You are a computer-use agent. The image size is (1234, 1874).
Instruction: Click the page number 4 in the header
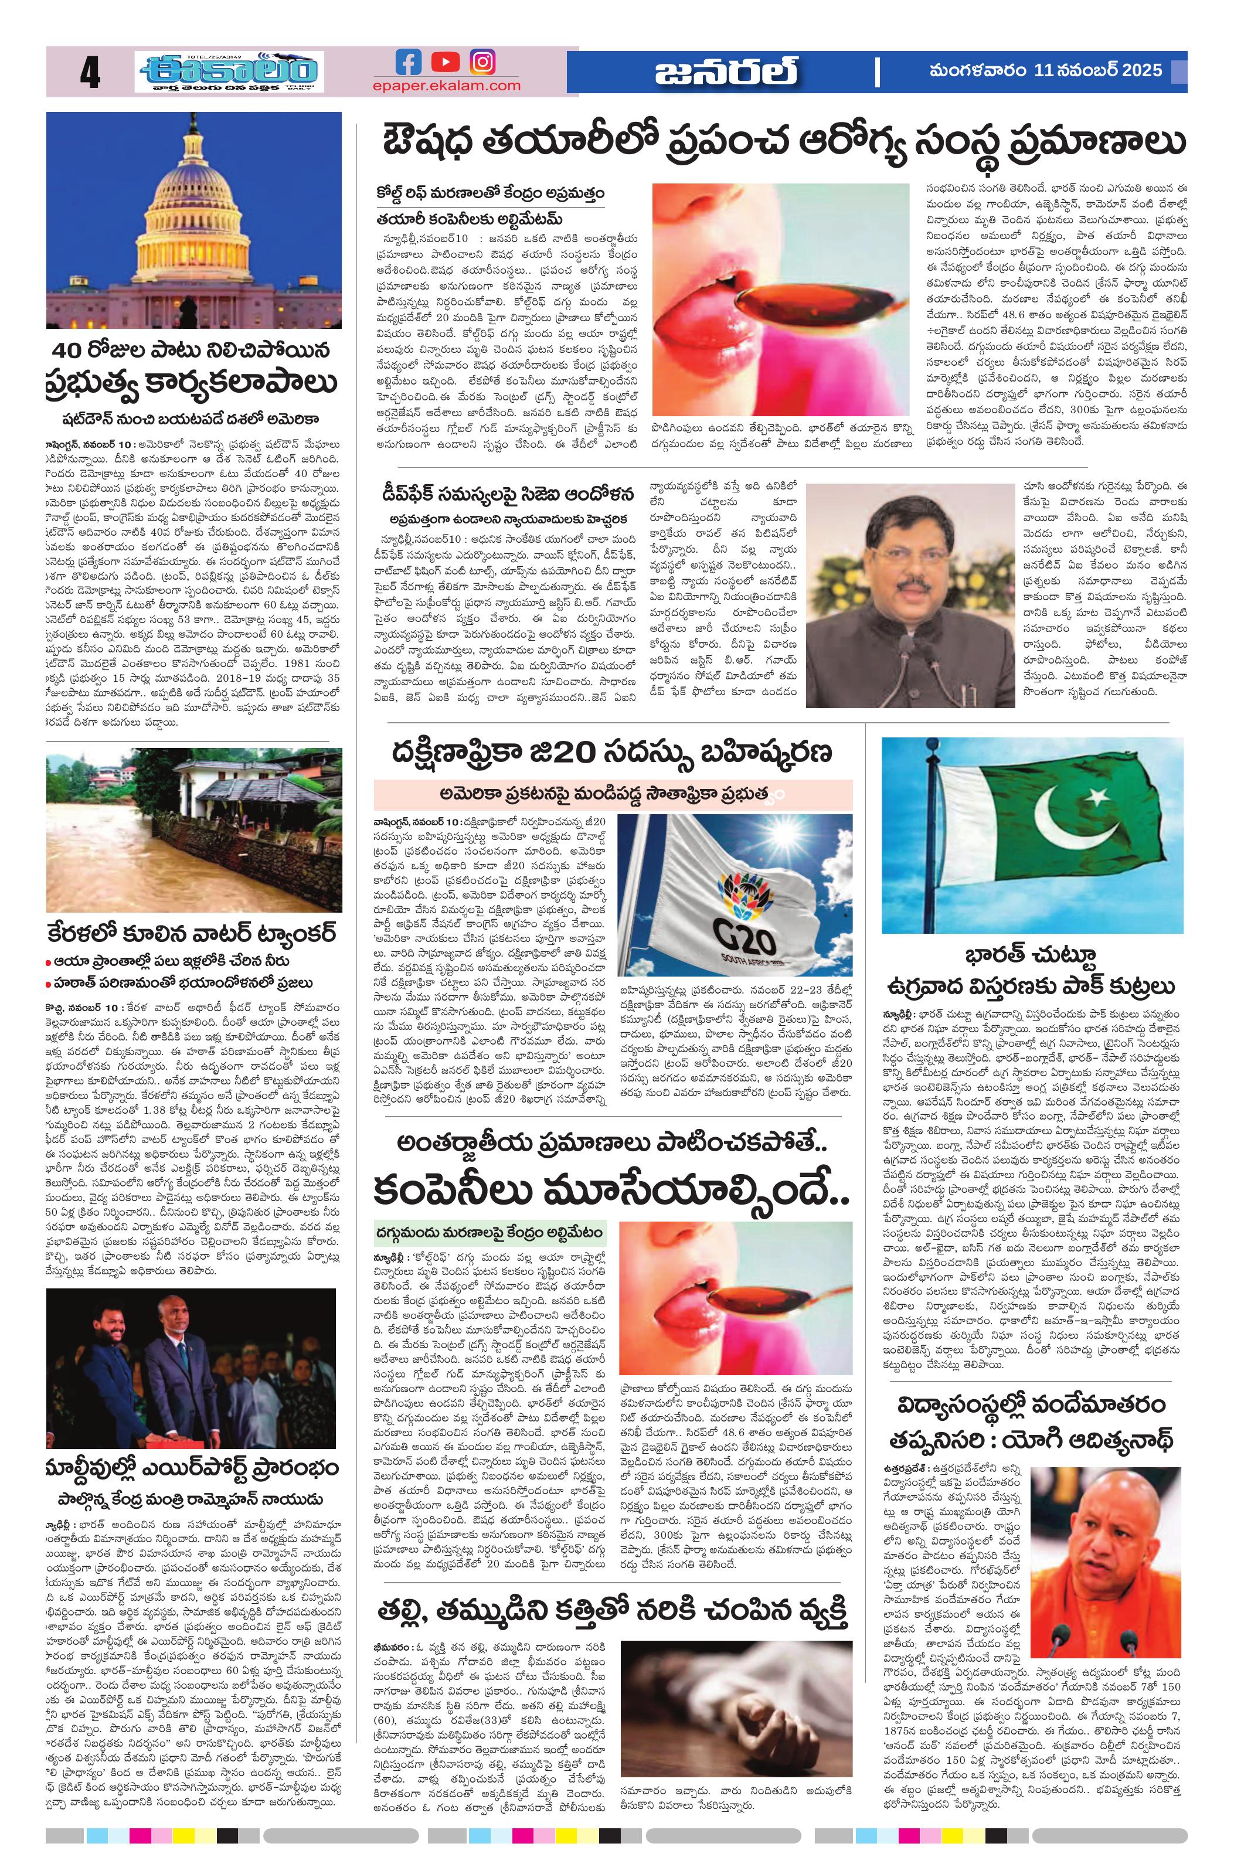point(89,76)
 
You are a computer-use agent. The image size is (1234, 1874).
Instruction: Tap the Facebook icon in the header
point(408,62)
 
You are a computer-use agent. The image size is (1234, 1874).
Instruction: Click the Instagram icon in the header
point(482,62)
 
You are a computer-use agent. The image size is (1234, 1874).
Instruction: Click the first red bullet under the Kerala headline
point(50,961)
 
